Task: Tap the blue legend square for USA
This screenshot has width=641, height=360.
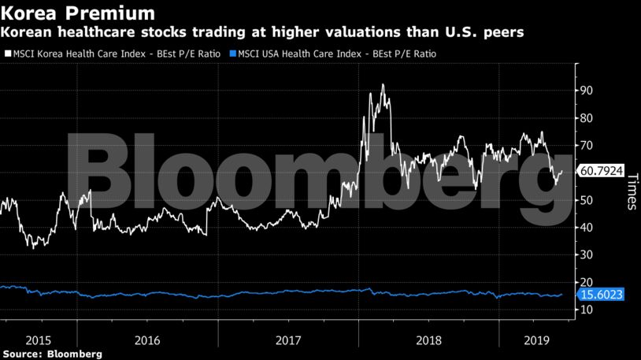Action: coord(229,54)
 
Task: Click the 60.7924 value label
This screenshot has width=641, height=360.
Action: coord(601,171)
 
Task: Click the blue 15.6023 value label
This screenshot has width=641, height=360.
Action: coord(601,295)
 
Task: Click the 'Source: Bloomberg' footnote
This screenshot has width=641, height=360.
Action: coord(51,354)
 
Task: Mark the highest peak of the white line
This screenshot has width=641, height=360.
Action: coord(383,84)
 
